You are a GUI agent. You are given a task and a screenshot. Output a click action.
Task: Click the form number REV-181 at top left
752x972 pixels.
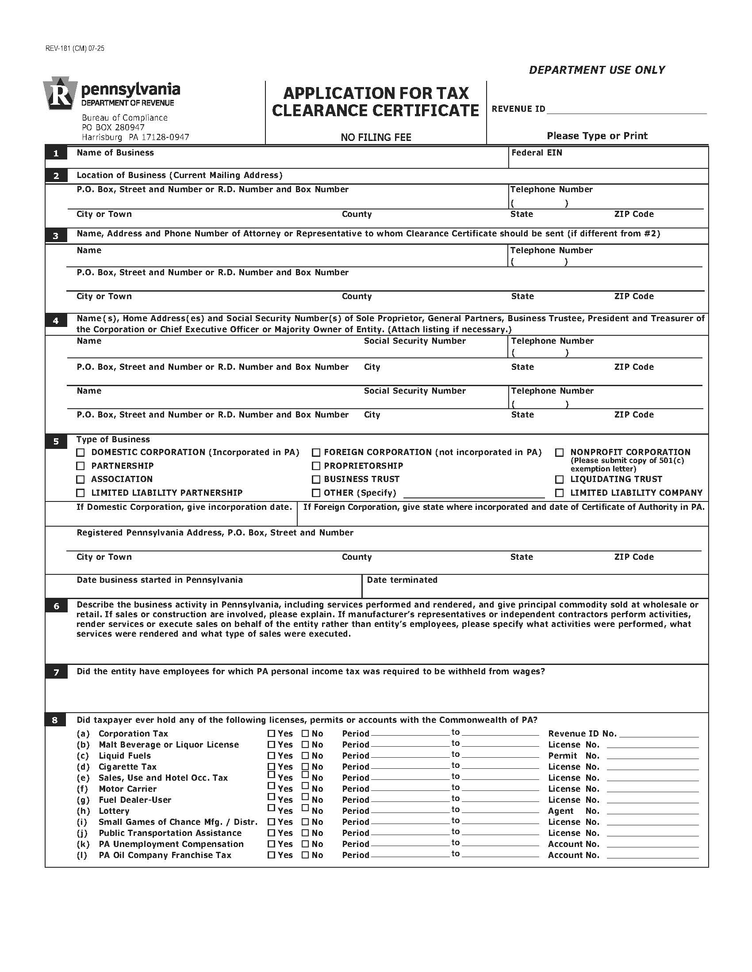pos(74,49)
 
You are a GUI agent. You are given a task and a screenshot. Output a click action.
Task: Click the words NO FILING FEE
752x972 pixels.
pos(376,137)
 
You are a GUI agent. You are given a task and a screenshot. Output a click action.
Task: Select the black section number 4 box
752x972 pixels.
pos(56,320)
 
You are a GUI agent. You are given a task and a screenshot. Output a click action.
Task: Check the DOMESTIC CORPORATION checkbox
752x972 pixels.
pos(80,452)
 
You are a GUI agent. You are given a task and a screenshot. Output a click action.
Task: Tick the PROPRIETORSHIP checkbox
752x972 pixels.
pos(316,466)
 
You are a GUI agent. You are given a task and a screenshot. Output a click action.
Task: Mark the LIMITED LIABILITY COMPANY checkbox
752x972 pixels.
pos(559,493)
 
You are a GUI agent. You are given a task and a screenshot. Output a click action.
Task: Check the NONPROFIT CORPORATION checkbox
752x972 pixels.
pos(559,452)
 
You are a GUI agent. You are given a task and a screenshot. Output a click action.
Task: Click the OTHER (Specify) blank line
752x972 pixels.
pos(474,494)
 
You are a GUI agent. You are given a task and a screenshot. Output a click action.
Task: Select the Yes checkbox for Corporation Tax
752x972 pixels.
pos(271,733)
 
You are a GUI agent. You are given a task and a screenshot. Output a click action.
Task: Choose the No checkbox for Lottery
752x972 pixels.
pos(305,807)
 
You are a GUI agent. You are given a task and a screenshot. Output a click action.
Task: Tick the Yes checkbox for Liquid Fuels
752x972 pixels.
pos(271,755)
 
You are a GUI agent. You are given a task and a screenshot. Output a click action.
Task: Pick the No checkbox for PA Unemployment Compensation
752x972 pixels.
pos(305,844)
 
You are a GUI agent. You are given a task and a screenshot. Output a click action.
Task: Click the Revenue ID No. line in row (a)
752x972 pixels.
pos(659,734)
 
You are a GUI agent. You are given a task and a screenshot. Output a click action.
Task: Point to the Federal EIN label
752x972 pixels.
pos(537,153)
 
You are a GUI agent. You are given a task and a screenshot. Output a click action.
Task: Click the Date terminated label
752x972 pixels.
pos(402,580)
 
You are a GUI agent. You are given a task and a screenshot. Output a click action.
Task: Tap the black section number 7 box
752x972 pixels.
pos(56,672)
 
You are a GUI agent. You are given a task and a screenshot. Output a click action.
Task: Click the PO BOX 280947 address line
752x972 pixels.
pos(113,127)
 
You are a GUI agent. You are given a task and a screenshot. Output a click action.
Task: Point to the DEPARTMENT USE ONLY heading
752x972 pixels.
pos(597,70)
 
